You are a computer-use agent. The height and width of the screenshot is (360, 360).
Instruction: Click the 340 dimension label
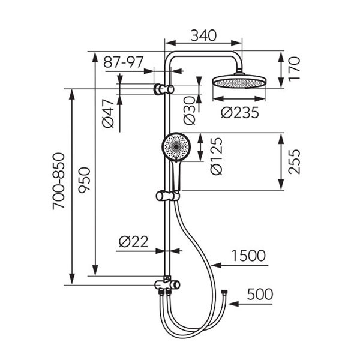click(203, 35)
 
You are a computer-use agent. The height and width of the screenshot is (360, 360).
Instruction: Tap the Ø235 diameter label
click(240, 113)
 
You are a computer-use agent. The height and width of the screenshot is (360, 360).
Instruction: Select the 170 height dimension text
click(294, 69)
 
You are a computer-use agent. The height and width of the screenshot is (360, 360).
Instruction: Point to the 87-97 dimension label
click(123, 62)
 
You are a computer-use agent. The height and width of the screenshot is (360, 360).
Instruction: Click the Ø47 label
click(108, 113)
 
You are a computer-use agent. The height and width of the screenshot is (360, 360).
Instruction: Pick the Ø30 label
click(190, 110)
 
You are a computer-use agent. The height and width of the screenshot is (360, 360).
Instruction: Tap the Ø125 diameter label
click(217, 157)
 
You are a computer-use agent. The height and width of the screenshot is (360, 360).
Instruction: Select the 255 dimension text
click(294, 161)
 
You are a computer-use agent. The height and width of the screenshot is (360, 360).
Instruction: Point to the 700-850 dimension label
click(58, 181)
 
